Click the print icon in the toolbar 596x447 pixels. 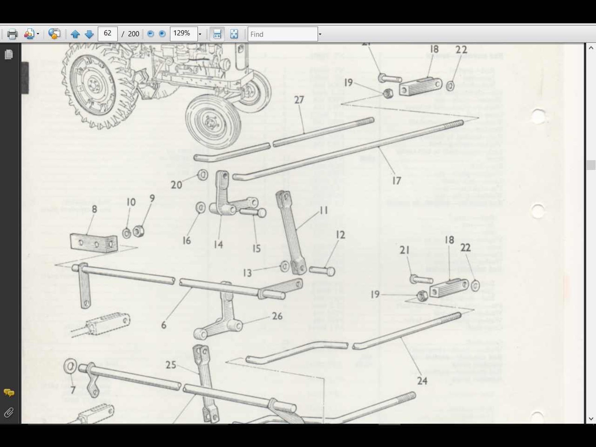[x=12, y=34]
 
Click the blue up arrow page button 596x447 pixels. [x=75, y=34]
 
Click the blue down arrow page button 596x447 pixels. [x=89, y=34]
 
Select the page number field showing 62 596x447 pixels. [x=108, y=34]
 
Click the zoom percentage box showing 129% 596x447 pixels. [x=183, y=34]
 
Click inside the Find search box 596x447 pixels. [x=282, y=34]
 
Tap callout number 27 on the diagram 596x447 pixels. [x=299, y=100]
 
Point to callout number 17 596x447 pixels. [x=396, y=181]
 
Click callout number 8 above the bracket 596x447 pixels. [x=94, y=209]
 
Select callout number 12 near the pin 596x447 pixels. [x=340, y=235]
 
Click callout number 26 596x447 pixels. [x=277, y=316]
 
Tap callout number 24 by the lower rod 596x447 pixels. [x=422, y=381]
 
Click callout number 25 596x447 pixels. [x=171, y=365]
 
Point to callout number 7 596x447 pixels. [x=73, y=390]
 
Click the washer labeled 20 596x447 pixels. [x=203, y=175]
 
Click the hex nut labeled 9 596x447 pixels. [x=138, y=231]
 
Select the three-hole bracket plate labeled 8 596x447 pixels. [x=94, y=243]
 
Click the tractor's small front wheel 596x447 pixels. [x=213, y=122]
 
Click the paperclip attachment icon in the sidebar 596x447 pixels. [x=9, y=413]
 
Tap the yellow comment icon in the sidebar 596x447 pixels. [x=9, y=393]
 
